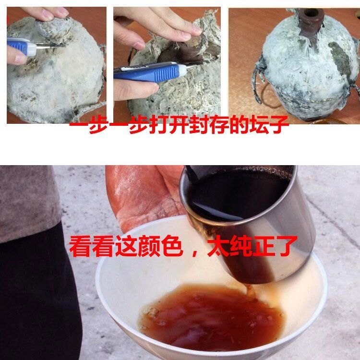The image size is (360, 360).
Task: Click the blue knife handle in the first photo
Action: pos(21,46)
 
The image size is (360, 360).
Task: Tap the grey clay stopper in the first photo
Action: pos(53,29)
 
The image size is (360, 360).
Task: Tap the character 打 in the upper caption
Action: pos(158,125)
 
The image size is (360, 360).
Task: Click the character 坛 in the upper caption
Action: pos(260,125)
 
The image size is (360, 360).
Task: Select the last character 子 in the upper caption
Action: pos(279,125)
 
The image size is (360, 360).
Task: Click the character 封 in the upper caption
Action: pos(199,125)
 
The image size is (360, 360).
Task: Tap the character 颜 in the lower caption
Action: pos(149,246)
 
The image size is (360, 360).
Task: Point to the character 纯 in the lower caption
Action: pos(241,246)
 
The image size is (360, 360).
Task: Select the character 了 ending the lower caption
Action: pos(286,246)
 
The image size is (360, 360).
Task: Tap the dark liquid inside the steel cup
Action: pos(237,195)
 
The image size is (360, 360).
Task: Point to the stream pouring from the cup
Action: pos(249,290)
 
